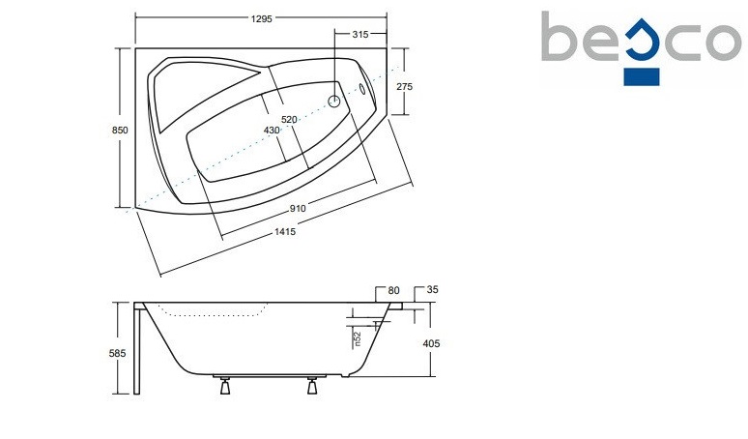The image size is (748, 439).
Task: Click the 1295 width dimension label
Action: click(261, 18)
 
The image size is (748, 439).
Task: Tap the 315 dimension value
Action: click(360, 34)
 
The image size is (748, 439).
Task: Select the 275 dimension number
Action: click(404, 86)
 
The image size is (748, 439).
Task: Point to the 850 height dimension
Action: click(120, 130)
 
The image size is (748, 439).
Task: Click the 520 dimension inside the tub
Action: click(289, 119)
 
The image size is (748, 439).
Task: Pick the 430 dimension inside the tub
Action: click(272, 131)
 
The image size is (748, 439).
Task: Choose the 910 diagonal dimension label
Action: click(298, 208)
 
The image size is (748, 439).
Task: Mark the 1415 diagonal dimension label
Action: click(285, 232)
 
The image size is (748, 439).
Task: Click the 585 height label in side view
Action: click(118, 353)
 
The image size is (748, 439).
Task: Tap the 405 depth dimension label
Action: click(431, 343)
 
